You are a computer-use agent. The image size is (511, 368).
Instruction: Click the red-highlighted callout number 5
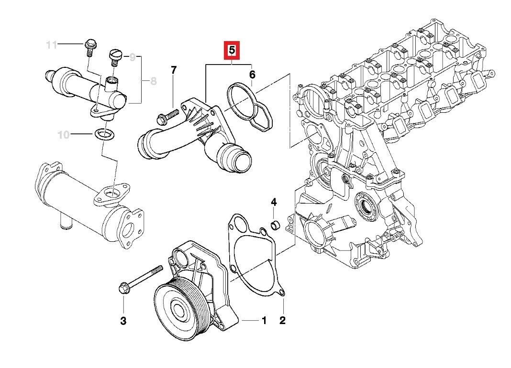pyautogui.click(x=232, y=50)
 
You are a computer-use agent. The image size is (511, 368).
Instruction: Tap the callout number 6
pyautogui.click(x=252, y=75)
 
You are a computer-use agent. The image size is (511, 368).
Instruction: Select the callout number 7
pyautogui.click(x=174, y=70)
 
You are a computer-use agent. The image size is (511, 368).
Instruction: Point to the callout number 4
pyautogui.click(x=274, y=202)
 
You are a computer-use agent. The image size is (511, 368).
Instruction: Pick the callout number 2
pyautogui.click(x=282, y=320)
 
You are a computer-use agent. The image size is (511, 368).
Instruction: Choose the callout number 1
pyautogui.click(x=264, y=320)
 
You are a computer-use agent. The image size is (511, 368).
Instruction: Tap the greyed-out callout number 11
pyautogui.click(x=52, y=45)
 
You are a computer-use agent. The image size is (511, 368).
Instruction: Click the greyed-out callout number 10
pyautogui.click(x=64, y=135)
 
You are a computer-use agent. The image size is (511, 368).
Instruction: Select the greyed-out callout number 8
pyautogui.click(x=153, y=81)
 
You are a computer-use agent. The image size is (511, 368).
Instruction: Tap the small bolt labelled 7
pyautogui.click(x=166, y=115)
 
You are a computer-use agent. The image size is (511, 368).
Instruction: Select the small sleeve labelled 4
pyautogui.click(x=276, y=224)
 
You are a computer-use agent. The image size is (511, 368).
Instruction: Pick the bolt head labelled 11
pyautogui.click(x=89, y=45)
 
